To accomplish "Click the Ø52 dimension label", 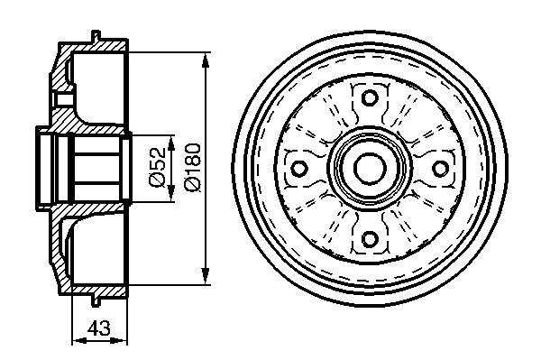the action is tap(156, 168).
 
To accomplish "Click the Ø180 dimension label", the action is tap(193, 167).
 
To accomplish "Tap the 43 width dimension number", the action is tap(98, 328).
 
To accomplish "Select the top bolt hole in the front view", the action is tap(370, 97).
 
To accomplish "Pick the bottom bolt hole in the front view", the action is tap(369, 238).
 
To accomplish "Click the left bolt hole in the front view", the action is tap(298, 169).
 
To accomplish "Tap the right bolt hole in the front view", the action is tap(440, 168).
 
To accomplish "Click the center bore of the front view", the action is tap(369, 168).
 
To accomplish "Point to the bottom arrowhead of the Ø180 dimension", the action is tap(206, 275).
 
